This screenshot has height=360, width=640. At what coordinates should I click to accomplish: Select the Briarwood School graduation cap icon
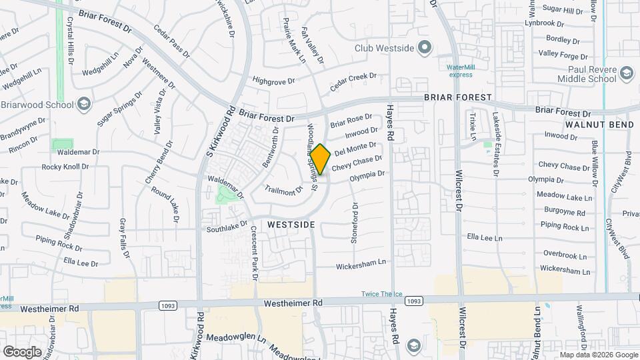pyautogui.click(x=84, y=104)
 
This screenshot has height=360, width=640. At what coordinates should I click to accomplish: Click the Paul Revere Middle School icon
pyautogui.click(x=625, y=73)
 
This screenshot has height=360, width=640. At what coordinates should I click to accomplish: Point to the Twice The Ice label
pyautogui.click(x=383, y=294)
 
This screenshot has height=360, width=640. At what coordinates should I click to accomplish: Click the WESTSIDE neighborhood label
pyautogui.click(x=291, y=225)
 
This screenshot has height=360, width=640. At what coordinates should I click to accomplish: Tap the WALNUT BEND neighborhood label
pyautogui.click(x=599, y=125)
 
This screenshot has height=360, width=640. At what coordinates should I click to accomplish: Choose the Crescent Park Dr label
pyautogui.click(x=254, y=252)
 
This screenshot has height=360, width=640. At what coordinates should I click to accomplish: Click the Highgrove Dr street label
pyautogui.click(x=273, y=81)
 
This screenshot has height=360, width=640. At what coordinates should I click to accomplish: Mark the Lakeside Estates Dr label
pyautogui.click(x=495, y=144)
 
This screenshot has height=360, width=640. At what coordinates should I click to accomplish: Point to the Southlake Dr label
pyautogui.click(x=227, y=227)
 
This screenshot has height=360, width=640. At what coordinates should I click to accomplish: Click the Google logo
pyautogui.click(x=22, y=351)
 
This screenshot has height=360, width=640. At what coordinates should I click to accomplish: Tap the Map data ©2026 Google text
pyautogui.click(x=599, y=355)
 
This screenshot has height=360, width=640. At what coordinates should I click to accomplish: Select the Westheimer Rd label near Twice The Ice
pyautogui.click(x=293, y=303)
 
